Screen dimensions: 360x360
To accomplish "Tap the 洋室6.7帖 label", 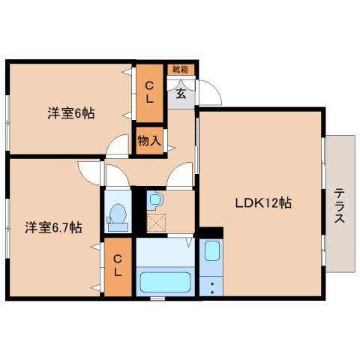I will click(x=53, y=226).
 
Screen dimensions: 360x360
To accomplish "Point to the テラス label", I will click(x=340, y=203).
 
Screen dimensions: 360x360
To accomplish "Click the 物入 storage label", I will click(x=149, y=140).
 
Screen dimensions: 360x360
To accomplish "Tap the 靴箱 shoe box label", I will click(x=181, y=70).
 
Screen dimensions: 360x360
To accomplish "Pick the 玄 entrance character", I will click(x=181, y=94).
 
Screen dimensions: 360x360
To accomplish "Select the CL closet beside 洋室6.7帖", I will click(x=118, y=266).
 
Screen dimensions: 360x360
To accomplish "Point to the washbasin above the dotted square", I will click(x=155, y=200).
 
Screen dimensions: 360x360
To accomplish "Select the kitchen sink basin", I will click(x=211, y=251).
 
